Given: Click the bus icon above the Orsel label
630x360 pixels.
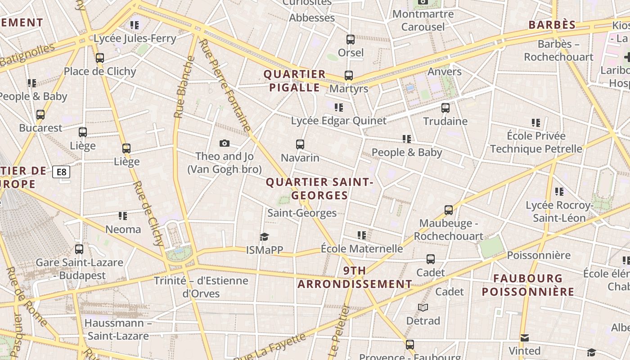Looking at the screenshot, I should (351, 39).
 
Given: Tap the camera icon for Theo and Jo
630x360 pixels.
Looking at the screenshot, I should (224, 143).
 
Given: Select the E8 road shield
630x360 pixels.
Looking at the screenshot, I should (61, 171).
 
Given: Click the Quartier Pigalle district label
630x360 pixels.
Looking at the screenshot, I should (294, 81).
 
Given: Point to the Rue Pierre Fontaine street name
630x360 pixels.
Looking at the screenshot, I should (225, 85).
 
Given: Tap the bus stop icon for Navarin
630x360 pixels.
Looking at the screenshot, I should (300, 144).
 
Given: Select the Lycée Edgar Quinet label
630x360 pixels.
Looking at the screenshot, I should (338, 121).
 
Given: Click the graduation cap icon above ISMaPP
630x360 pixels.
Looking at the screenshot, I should (264, 237).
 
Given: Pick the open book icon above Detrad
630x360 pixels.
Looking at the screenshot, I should (423, 307).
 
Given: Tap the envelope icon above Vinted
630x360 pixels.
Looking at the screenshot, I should (524, 337).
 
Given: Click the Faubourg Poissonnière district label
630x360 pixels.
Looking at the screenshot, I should (528, 285).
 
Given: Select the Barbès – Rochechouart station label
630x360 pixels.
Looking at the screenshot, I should (558, 50).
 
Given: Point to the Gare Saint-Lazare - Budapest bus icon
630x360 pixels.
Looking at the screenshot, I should (79, 249).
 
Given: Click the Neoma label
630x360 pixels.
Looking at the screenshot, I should (123, 229).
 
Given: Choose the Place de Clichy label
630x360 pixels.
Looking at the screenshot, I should (99, 71).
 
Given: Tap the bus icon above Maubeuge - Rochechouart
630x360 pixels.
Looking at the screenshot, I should (448, 210).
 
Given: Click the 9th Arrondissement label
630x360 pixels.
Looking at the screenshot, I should (355, 277).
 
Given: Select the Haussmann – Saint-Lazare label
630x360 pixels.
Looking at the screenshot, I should (118, 329).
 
